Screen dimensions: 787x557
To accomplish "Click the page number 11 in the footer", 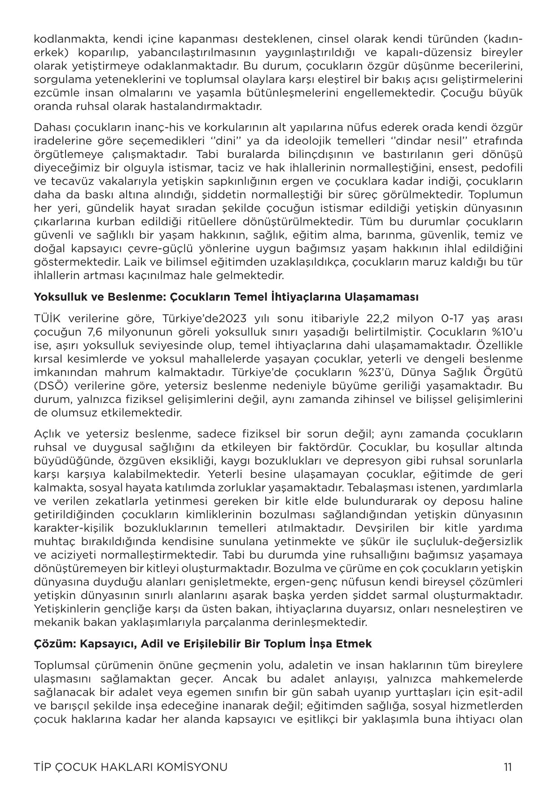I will coord(507,766).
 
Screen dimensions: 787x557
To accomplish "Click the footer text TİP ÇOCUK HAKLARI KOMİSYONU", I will coord(131,766).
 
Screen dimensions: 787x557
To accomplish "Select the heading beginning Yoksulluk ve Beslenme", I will coord(226,297).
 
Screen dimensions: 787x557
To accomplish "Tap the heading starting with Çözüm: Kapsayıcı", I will coord(203,643).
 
